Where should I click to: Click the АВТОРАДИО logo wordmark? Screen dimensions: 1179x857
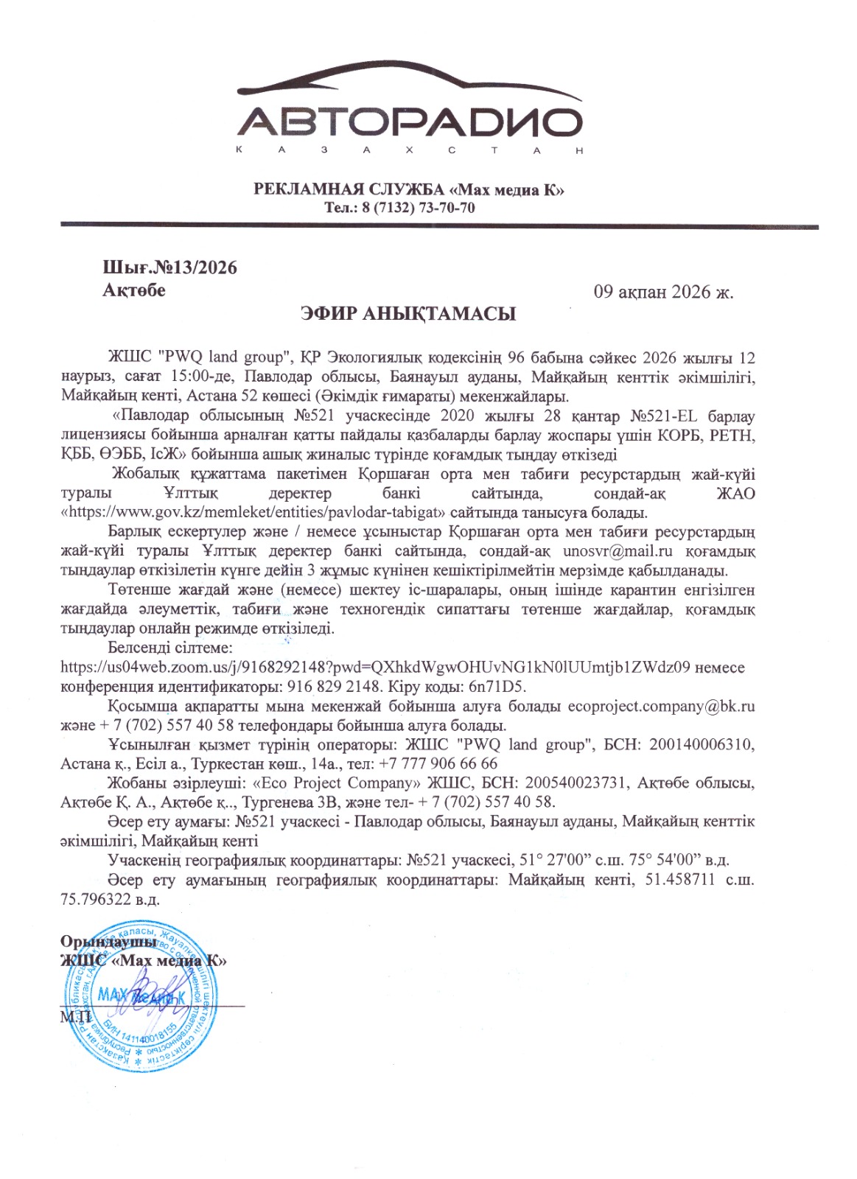point(410,121)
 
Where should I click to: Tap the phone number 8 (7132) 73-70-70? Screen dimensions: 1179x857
point(419,208)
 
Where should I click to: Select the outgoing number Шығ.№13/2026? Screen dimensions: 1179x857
point(169,267)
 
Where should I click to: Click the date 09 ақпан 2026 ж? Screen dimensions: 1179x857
point(663,292)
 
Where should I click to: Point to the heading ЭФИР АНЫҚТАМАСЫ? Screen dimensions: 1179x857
point(408,314)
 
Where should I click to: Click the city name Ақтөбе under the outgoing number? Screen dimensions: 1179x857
point(134,290)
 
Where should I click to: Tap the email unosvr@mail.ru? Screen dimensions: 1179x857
point(618,551)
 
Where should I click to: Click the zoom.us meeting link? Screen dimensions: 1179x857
point(375,668)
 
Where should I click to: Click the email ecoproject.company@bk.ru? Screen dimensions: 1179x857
point(661,706)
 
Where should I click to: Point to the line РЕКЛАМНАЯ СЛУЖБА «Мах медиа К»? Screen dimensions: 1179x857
point(409,189)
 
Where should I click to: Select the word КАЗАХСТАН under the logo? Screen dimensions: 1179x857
point(410,150)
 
